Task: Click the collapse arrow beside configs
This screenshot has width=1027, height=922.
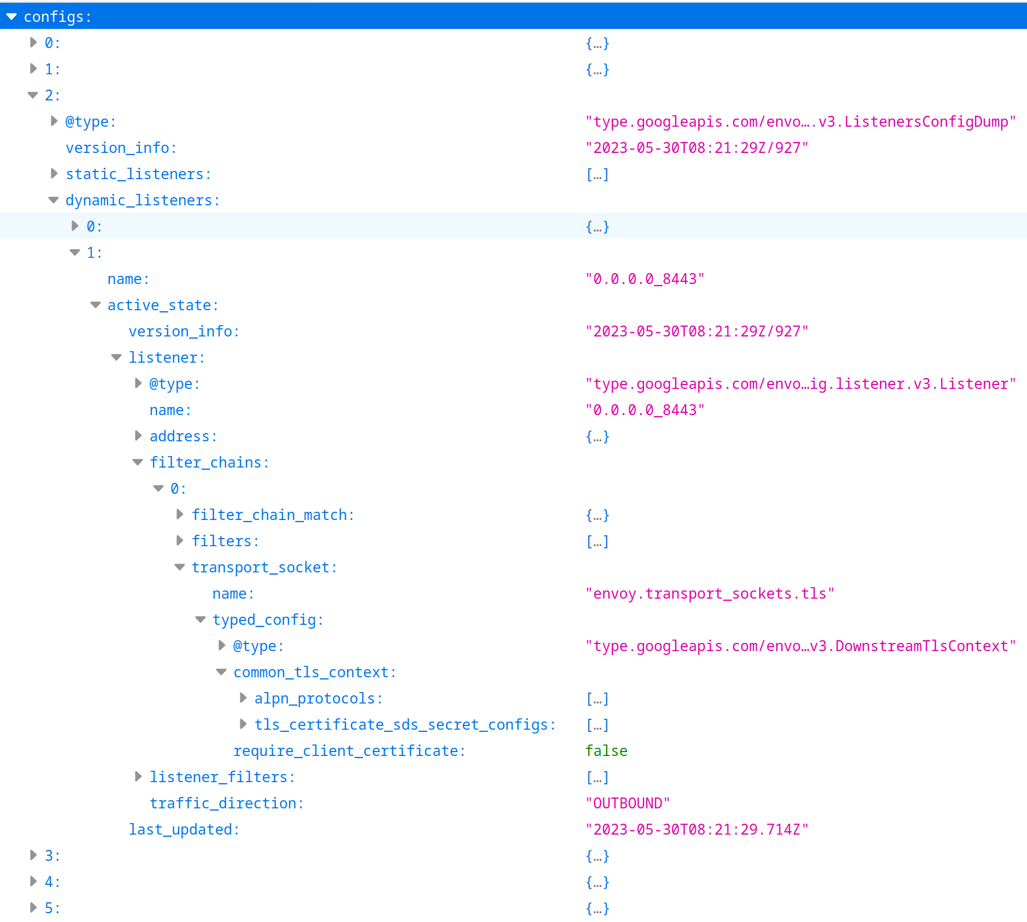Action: (x=11, y=17)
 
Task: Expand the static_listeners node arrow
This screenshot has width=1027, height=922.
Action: (x=54, y=174)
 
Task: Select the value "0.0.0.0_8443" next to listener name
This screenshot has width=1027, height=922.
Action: (x=645, y=410)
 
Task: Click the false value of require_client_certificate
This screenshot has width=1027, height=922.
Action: (x=606, y=751)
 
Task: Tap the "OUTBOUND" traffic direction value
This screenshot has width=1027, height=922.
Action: (x=627, y=803)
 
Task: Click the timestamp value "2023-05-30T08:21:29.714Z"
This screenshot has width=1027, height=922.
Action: (x=697, y=830)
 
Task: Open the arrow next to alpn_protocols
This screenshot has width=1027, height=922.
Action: (x=243, y=698)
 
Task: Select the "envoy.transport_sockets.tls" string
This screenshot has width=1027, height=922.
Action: (x=709, y=594)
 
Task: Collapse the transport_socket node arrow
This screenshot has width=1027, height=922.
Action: (x=180, y=568)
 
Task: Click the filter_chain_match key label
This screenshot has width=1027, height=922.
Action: (x=272, y=515)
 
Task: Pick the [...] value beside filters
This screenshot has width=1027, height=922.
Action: (x=597, y=541)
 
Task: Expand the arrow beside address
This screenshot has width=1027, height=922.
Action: (x=138, y=436)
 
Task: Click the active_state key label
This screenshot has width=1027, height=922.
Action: (x=162, y=305)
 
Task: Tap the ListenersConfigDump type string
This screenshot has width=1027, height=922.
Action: (x=800, y=122)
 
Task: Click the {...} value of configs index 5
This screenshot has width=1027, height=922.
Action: (x=597, y=908)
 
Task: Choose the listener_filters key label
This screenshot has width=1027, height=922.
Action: (x=222, y=777)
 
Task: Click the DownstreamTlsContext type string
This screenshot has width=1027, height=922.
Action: (x=800, y=646)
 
